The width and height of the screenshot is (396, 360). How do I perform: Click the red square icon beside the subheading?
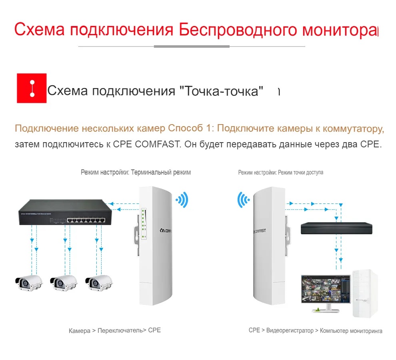click(x=32, y=88)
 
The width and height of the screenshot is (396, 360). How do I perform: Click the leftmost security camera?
click(x=28, y=283)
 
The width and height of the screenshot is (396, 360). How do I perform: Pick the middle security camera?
click(x=63, y=283)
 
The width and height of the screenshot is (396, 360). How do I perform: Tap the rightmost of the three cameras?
click(x=98, y=283)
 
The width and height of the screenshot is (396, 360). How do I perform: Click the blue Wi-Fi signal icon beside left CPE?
click(x=182, y=199)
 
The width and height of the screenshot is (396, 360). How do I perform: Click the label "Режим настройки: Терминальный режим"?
click(x=136, y=172)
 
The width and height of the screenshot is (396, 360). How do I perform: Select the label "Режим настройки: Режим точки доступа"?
click(x=280, y=172)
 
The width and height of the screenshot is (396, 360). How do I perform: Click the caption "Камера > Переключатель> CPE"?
click(x=114, y=331)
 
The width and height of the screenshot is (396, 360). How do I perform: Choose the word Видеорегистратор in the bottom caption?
click(x=290, y=331)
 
